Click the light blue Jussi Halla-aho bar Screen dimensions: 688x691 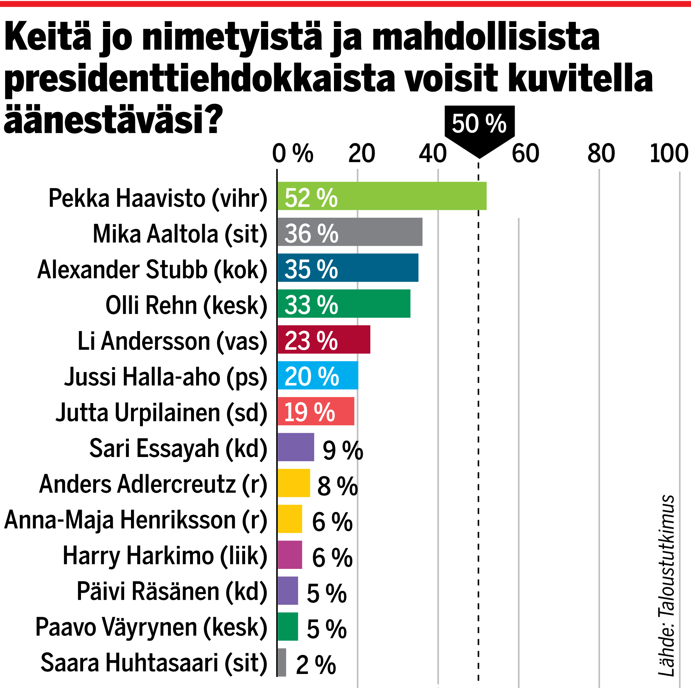pyautogui.click(x=345, y=375)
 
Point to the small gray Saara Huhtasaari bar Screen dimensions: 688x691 pyautogui.click(x=282, y=662)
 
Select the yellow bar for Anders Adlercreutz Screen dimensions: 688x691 pyautogui.click(x=294, y=483)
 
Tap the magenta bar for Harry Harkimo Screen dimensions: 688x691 pyautogui.click(x=290, y=555)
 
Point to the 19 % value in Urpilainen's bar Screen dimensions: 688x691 pyautogui.click(x=310, y=412)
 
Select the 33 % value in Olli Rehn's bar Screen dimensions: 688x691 pyautogui.click(x=311, y=305)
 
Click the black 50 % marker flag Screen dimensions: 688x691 pyautogui.click(x=479, y=124)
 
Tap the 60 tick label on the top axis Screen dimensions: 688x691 pyautogui.click(x=525, y=153)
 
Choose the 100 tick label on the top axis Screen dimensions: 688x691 pyautogui.click(x=669, y=153)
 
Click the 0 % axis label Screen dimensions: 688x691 pyautogui.click(x=292, y=153)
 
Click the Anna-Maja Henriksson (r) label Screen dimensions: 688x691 pyautogui.click(x=136, y=520)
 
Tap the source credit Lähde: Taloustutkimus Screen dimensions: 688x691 pyautogui.click(x=666, y=585)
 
